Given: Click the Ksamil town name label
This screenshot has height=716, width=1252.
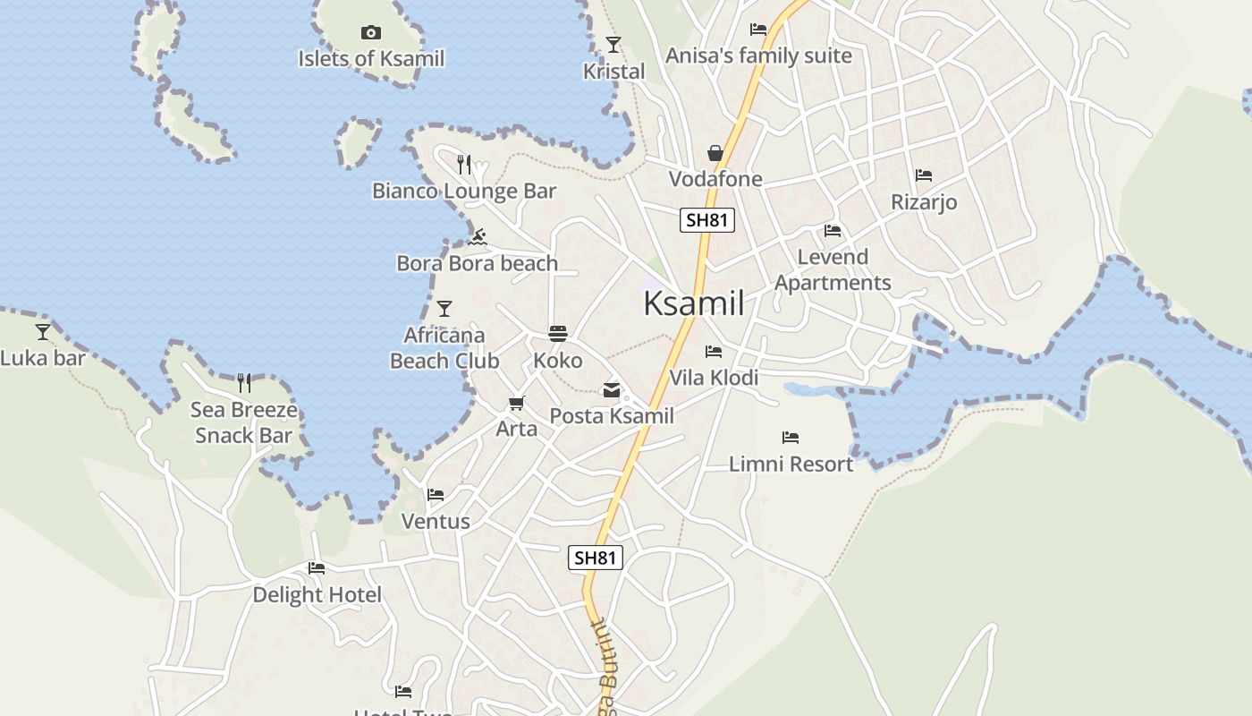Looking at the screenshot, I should pyautogui.click(x=693, y=303).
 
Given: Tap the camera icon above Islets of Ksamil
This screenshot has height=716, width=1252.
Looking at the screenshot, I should pyautogui.click(x=370, y=33).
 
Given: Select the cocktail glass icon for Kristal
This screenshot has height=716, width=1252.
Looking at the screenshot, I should pyautogui.click(x=613, y=45).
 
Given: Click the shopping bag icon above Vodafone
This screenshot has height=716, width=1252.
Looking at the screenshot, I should pyautogui.click(x=715, y=153).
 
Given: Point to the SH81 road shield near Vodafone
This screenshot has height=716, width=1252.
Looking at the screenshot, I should pyautogui.click(x=706, y=220).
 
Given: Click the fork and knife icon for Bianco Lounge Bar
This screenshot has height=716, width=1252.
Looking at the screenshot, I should pyautogui.click(x=463, y=165).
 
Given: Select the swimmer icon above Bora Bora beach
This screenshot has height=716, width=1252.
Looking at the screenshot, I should pyautogui.click(x=478, y=237).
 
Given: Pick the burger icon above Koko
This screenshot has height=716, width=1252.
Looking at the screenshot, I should pyautogui.click(x=558, y=335).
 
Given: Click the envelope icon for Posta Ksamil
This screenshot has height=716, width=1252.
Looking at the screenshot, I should pyautogui.click(x=612, y=390).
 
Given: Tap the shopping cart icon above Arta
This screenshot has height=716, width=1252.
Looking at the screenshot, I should pyautogui.click(x=516, y=404).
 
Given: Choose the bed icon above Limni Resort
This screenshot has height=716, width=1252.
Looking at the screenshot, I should pyautogui.click(x=791, y=438).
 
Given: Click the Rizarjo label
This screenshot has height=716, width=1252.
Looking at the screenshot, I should pyautogui.click(x=924, y=202).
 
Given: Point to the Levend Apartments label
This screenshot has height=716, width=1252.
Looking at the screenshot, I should pyautogui.click(x=833, y=269).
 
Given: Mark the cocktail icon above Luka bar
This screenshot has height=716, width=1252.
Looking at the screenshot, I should pyautogui.click(x=42, y=332).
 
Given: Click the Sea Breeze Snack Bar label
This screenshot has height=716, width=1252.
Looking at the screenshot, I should pyautogui.click(x=244, y=422).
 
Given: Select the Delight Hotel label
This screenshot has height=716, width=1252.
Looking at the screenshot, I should pyautogui.click(x=317, y=595).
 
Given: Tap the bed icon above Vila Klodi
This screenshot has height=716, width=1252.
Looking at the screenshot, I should pyautogui.click(x=714, y=352).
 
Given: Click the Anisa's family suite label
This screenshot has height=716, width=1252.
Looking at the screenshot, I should pyautogui.click(x=758, y=55).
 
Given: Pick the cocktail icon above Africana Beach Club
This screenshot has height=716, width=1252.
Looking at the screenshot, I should pyautogui.click(x=444, y=309).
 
